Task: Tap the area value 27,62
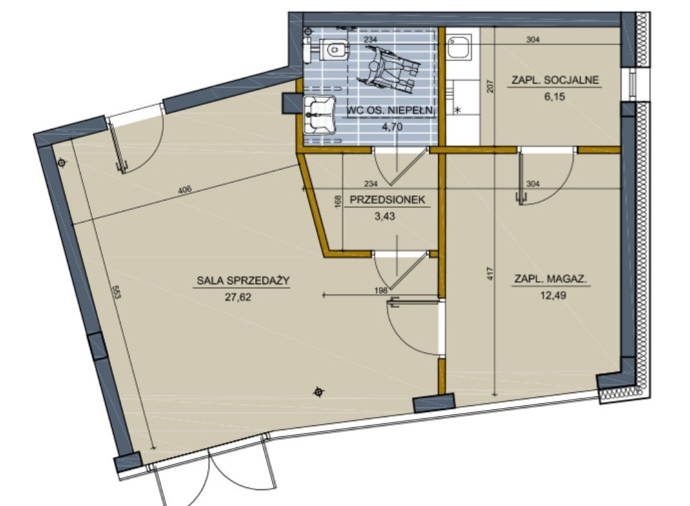pos(238,297)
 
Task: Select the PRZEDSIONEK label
pos(387,200)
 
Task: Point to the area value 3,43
pos(385,216)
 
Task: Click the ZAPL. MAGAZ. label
pos(551,278)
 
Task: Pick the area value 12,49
pos(553,295)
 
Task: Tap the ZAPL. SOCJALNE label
pos(555,80)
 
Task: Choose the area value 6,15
pos(555,97)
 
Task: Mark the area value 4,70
pos(392,127)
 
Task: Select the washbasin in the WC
pos(320,115)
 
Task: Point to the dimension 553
pos(116,293)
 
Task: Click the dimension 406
pos(185,190)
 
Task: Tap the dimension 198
pos(381,290)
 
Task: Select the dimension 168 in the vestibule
pos(338,202)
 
